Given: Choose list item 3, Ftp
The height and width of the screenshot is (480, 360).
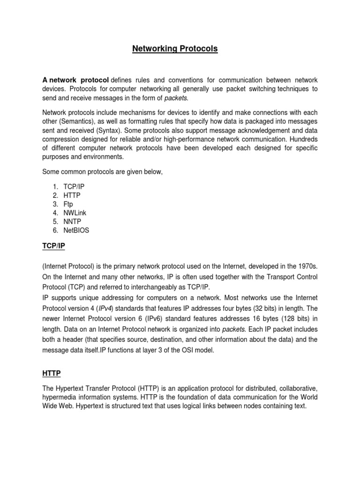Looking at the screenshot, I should pyautogui.click(x=68, y=204).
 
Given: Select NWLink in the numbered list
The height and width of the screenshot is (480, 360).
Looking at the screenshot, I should pyautogui.click(x=75, y=213).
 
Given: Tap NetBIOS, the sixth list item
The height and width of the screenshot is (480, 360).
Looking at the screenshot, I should pyautogui.click(x=76, y=230).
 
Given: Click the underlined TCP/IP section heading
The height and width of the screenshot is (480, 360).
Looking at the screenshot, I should pyautogui.click(x=55, y=247).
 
